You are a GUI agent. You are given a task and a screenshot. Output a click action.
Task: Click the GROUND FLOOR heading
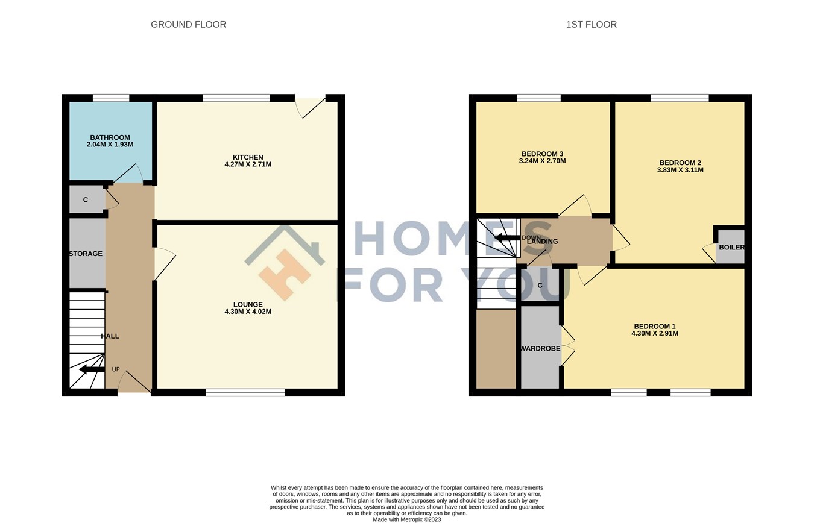point(188,25)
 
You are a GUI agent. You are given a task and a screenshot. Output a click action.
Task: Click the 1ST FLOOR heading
point(591,25)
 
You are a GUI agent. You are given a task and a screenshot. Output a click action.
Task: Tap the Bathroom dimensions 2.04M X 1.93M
point(110,145)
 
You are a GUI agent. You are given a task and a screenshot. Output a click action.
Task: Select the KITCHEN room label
point(248,157)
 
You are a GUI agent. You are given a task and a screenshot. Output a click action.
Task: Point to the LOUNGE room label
point(248,304)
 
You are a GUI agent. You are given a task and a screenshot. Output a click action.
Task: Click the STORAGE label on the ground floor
point(86,254)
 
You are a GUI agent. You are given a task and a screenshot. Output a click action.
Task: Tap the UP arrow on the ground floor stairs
point(91,369)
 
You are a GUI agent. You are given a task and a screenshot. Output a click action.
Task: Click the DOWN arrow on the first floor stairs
point(507,237)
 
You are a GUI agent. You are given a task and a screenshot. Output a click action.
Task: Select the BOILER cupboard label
point(731,248)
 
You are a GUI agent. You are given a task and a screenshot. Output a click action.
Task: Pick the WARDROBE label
point(540,349)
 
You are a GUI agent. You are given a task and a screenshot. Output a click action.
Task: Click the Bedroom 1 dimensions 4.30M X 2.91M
point(654,333)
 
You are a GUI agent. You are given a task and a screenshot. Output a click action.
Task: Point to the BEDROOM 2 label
point(680,163)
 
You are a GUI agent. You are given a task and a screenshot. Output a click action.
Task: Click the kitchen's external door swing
point(309,107)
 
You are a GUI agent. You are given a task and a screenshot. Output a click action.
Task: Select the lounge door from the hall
point(164,263)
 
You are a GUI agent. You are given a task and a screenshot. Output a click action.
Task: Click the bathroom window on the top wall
point(111,98)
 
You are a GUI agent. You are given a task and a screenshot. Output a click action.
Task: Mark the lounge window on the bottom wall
point(245,393)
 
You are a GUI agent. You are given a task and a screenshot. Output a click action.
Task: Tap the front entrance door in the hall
point(134,382)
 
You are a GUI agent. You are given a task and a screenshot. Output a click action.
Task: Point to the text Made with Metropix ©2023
point(407,519)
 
